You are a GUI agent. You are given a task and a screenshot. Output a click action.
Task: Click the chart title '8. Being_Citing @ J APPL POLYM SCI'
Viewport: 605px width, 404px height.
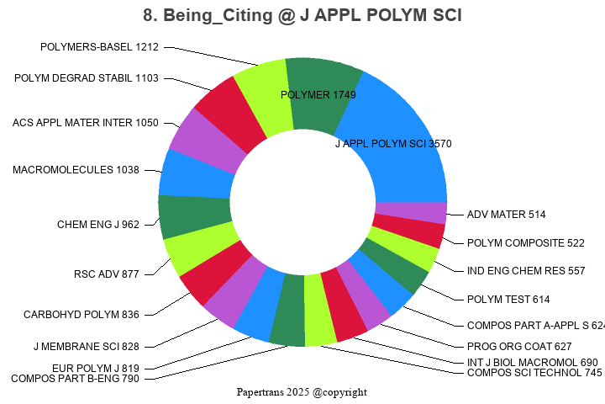[302, 16]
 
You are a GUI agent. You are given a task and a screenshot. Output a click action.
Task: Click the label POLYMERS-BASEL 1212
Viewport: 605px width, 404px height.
[99, 47]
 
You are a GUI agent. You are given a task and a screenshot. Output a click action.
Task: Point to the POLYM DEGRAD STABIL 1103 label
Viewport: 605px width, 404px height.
[86, 78]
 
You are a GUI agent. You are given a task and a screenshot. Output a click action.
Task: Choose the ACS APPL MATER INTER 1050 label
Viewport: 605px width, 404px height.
[85, 123]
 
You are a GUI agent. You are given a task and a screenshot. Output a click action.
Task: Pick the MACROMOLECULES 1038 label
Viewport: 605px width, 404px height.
[76, 170]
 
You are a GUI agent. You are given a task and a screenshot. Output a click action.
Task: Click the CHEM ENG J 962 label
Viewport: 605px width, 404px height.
[98, 225]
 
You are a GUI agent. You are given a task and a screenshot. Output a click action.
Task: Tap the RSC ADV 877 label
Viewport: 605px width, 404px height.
[107, 274]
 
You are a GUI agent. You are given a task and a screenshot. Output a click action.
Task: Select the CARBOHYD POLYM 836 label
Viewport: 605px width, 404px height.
[81, 315]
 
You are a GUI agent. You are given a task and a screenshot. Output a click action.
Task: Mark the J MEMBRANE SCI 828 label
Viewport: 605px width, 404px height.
[86, 346]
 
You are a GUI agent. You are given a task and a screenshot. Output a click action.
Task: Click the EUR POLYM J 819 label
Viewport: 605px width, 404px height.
[95, 368]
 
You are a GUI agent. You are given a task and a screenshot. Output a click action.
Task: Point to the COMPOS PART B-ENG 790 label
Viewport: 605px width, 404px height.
[75, 378]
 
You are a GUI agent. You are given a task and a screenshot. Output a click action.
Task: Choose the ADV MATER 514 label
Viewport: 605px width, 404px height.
[507, 215]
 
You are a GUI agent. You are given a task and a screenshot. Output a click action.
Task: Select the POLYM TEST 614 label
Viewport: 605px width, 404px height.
[508, 299]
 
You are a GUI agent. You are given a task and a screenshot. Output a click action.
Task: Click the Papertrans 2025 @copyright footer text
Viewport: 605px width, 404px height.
[302, 392]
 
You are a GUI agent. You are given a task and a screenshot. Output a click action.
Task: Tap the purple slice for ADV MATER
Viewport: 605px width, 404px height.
[410, 212]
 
